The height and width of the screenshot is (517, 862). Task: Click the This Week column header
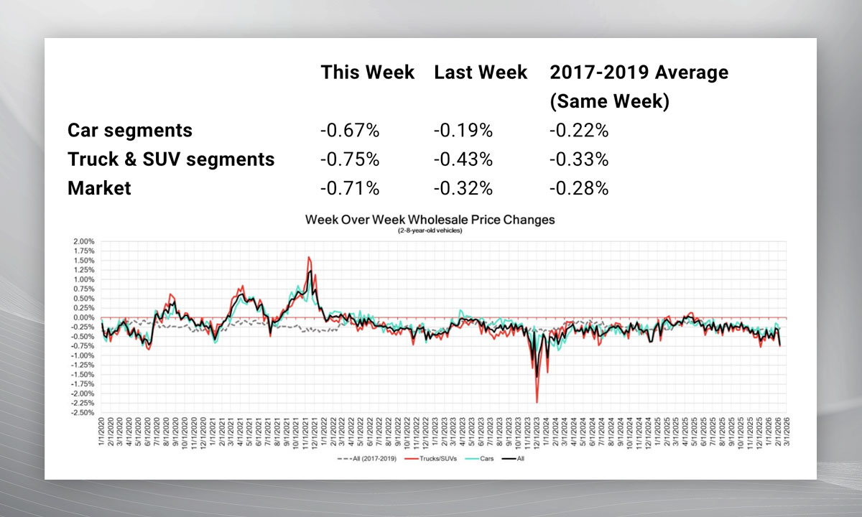click(x=367, y=73)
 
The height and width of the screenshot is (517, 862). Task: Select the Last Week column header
click(x=481, y=73)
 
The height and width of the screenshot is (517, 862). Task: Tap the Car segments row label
click(x=130, y=130)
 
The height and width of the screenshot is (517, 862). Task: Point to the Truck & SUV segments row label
click(x=171, y=159)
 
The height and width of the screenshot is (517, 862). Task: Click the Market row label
click(x=99, y=188)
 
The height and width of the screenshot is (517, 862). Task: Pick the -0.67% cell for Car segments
click(x=350, y=130)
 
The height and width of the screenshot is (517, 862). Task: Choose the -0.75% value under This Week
click(x=350, y=159)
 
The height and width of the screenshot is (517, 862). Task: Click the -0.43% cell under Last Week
click(x=463, y=159)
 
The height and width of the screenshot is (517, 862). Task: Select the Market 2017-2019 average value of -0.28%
click(x=579, y=188)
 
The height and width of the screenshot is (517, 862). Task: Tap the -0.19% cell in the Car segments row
click(x=463, y=130)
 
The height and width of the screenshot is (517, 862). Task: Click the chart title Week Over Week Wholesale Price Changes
click(x=430, y=220)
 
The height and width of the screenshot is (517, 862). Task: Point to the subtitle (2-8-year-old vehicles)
click(x=430, y=230)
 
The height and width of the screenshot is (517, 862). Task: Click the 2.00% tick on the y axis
click(x=83, y=241)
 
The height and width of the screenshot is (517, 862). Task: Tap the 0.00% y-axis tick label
click(x=83, y=317)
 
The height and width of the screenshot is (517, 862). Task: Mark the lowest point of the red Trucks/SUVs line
click(x=537, y=402)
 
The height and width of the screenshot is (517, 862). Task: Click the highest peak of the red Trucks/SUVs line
click(x=308, y=257)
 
